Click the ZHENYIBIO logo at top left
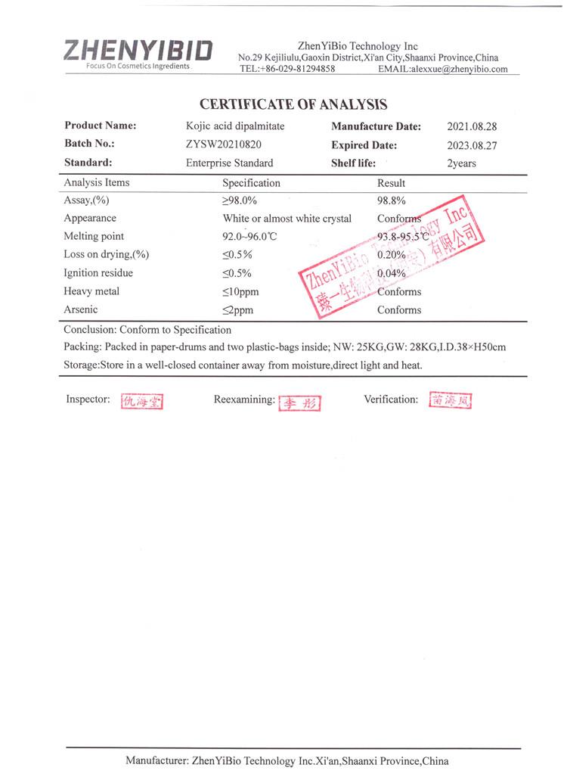click(138, 51)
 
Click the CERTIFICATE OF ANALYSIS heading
click(293, 104)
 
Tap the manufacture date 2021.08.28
click(472, 127)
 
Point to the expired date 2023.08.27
click(472, 145)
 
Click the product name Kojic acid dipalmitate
click(235, 126)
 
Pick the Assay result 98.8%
click(392, 200)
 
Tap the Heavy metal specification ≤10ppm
click(240, 292)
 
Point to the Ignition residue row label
click(98, 273)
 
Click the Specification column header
click(251, 183)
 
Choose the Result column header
click(391, 183)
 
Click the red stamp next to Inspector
click(142, 402)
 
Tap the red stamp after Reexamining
click(299, 403)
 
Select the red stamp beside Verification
click(451, 401)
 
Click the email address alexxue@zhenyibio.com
click(458, 69)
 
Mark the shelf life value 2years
click(461, 163)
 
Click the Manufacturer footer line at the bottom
click(287, 760)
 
